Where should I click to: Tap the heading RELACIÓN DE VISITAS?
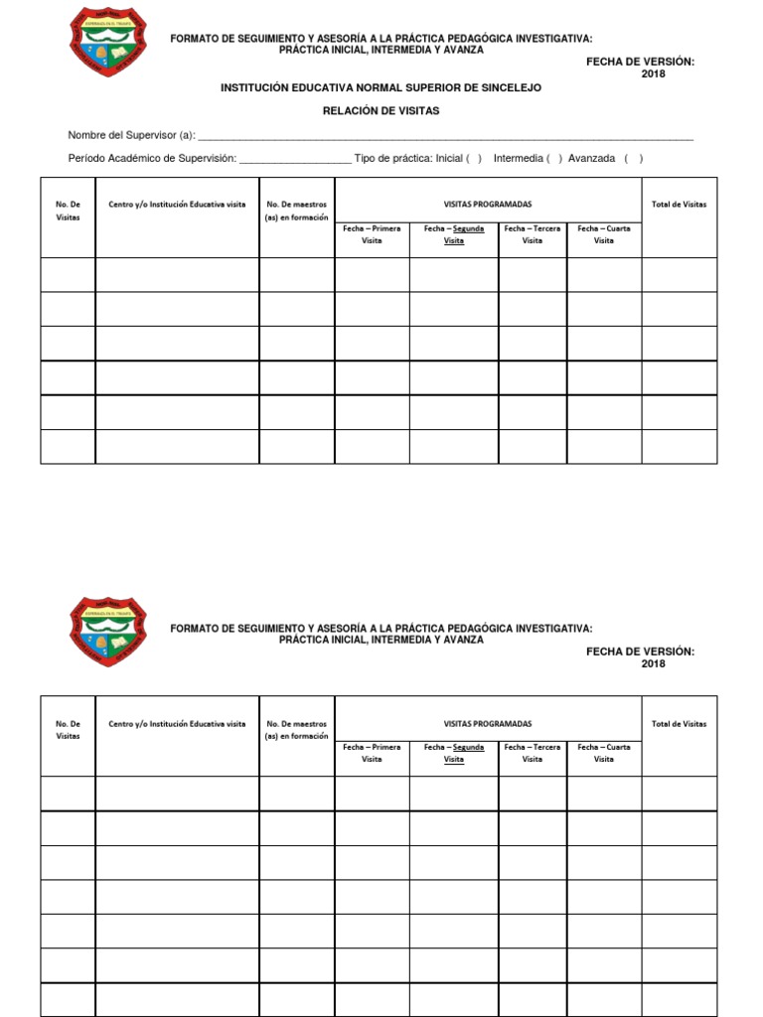(381, 111)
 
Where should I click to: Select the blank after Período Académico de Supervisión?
(295, 160)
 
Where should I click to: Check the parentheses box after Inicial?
(474, 159)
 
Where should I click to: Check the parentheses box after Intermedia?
(554, 159)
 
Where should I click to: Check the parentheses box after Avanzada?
(634, 159)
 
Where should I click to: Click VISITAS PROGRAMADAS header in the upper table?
(488, 205)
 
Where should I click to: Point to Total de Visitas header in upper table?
(679, 205)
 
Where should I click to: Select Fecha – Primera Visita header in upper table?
(372, 234)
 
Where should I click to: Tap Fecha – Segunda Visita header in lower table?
(454, 753)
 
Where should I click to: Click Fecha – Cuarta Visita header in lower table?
(604, 753)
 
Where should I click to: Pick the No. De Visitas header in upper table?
(68, 211)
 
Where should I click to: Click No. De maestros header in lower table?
(296, 730)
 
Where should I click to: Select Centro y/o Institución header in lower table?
(177, 724)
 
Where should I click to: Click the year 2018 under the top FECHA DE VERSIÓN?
(653, 74)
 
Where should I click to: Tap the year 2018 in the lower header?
(653, 664)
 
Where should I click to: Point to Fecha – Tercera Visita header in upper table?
(533, 234)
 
